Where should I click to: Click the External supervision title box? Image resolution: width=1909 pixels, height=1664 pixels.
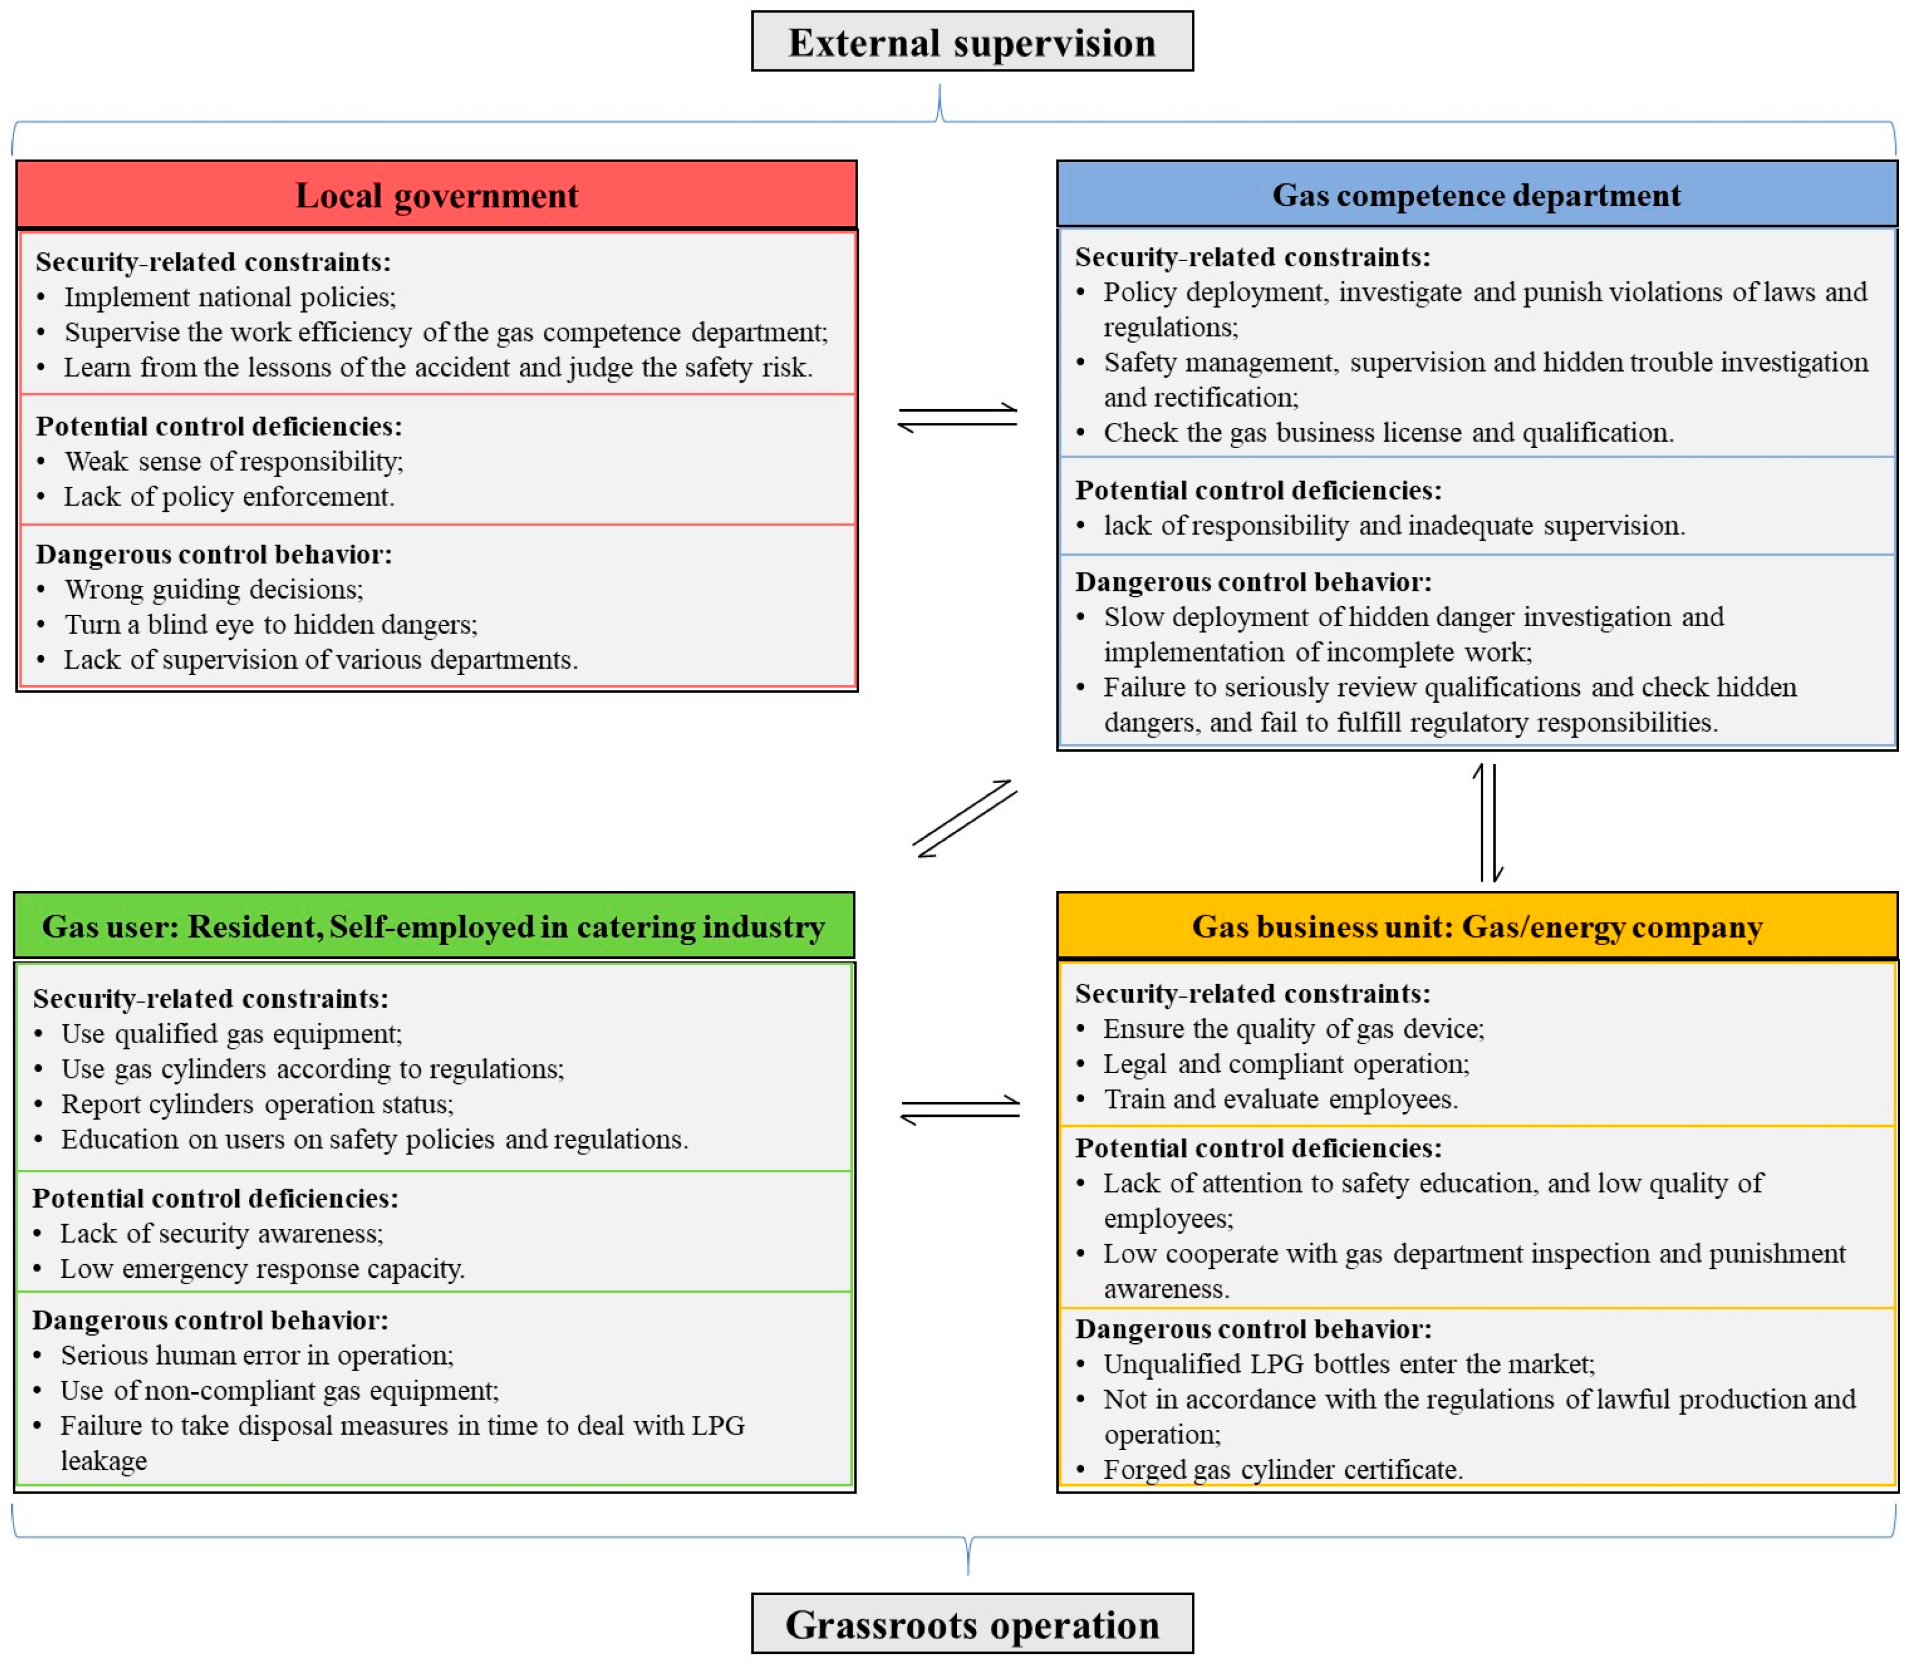pyautogui.click(x=971, y=42)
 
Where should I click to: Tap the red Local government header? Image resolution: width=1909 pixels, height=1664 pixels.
pyautogui.click(x=436, y=195)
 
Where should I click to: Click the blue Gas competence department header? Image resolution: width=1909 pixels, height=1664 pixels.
pyautogui.click(x=1476, y=195)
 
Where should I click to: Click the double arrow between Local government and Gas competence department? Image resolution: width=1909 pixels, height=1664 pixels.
pyautogui.click(x=957, y=417)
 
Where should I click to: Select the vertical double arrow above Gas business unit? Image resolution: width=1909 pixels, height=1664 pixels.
pyautogui.click(x=1489, y=822)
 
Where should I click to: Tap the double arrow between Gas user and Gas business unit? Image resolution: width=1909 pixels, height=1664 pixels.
pyautogui.click(x=960, y=1110)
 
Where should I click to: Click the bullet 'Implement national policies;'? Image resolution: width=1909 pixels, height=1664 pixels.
pyautogui.click(x=229, y=297)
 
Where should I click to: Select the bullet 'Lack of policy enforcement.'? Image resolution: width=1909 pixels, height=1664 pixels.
pyautogui.click(x=228, y=497)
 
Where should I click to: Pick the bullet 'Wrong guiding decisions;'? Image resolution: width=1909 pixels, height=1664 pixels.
pyautogui.click(x=213, y=590)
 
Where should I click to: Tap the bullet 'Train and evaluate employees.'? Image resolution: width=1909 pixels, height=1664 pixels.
pyautogui.click(x=1280, y=1100)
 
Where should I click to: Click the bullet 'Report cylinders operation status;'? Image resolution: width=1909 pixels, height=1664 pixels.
pyautogui.click(x=257, y=1104)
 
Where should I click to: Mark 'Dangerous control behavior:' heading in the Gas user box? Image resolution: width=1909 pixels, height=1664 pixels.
pyautogui.click(x=210, y=1320)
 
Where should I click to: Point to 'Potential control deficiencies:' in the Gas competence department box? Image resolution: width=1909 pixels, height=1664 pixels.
pyautogui.click(x=1258, y=490)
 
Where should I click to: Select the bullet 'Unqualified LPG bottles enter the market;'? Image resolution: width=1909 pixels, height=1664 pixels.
pyautogui.click(x=1348, y=1364)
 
